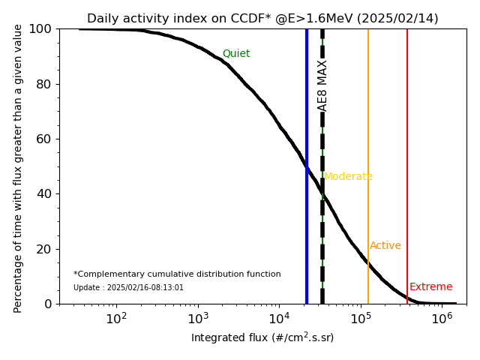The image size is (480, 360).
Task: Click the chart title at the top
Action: pyautogui.click(x=262, y=19)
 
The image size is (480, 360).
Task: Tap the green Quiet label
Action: pyautogui.click(x=236, y=54)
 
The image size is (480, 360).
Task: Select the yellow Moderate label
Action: pyautogui.click(x=348, y=177)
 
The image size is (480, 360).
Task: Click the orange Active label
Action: pyautogui.click(x=385, y=246)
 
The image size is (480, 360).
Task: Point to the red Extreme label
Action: pyautogui.click(x=431, y=287)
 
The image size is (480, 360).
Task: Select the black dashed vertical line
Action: pyautogui.click(x=322, y=225)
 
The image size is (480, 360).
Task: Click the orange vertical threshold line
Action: pyautogui.click(x=368, y=150)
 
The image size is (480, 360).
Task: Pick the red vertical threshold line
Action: pyautogui.click(x=407, y=150)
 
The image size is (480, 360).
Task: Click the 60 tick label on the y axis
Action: pyautogui.click(x=43, y=139)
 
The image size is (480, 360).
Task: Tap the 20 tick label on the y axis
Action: pyautogui.click(x=43, y=249)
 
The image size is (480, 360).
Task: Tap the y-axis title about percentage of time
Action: pyautogui.click(x=19, y=166)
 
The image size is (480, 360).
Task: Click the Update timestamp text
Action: pyautogui.click(x=128, y=288)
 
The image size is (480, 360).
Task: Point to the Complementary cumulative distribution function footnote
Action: pyautogui.click(x=177, y=274)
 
